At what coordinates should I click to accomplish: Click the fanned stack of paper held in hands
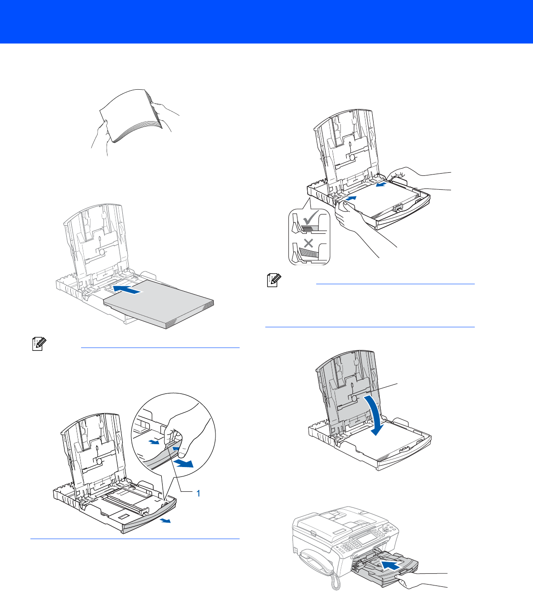point(131,115)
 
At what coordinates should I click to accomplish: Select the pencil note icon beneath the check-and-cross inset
point(274,280)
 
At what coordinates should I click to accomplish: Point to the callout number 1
point(198,494)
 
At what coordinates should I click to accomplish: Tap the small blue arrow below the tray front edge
point(165,520)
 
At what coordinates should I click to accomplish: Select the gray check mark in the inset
point(311,218)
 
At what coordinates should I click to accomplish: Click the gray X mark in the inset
point(308,244)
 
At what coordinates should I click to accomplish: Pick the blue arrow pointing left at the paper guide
point(381,185)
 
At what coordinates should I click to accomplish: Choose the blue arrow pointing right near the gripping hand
point(351,198)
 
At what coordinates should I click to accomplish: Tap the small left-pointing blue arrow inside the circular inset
point(154,442)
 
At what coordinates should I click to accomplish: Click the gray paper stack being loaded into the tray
point(159,305)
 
